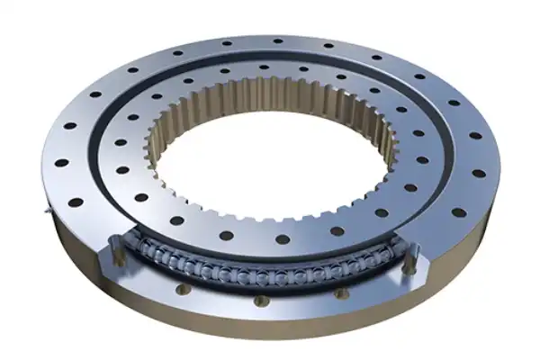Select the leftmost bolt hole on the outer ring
coord(61,164)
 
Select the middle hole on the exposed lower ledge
coord(260,301)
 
